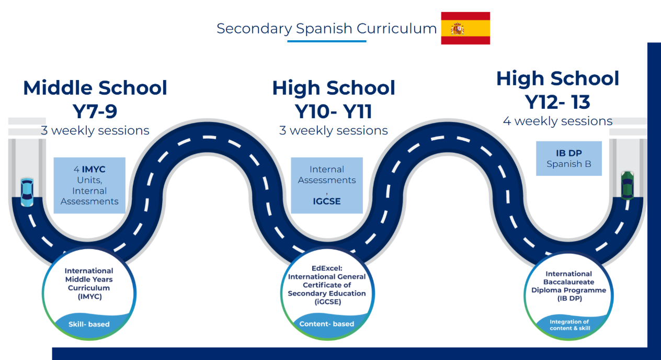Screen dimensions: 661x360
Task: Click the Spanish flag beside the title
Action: [465, 28]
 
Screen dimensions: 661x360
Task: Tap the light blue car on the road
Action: [27, 192]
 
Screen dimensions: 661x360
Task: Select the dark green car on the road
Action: [627, 185]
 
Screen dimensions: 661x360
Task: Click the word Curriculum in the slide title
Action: [396, 29]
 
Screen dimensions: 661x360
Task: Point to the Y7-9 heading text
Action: [95, 111]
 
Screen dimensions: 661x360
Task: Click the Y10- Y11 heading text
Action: [334, 111]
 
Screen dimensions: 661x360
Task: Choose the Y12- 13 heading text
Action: [557, 102]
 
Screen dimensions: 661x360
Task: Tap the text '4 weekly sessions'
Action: [557, 121]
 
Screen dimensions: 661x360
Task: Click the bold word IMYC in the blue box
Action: [94, 169]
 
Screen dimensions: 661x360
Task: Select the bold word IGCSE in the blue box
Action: [327, 201]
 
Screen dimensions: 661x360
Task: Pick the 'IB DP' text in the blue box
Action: [568, 153]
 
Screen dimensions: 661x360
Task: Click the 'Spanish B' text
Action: [568, 164]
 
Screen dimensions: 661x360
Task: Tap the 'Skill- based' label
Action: [89, 324]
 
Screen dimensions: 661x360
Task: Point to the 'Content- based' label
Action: [327, 324]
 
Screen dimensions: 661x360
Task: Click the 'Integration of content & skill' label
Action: [569, 325]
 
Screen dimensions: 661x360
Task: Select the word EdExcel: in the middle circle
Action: [327, 268]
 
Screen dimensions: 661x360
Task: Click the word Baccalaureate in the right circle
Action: [568, 282]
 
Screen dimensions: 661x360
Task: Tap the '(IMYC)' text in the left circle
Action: [90, 297]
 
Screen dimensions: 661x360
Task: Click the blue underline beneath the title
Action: [327, 41]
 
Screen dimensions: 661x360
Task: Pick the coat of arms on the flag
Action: [457, 29]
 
